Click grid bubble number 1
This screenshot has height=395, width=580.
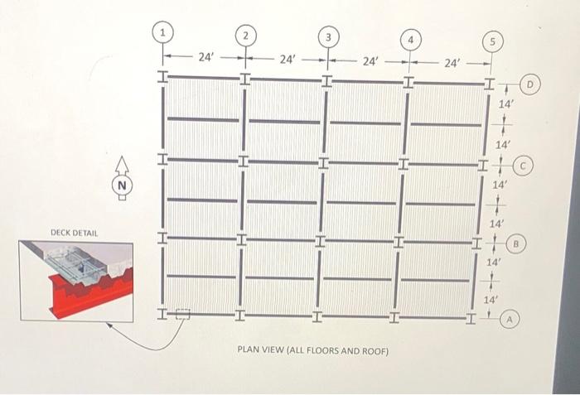(164, 31)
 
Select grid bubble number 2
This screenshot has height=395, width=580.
(245, 36)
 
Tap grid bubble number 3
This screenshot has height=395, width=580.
(328, 36)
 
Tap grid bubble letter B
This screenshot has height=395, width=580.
(516, 244)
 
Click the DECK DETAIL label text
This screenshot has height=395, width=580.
(75, 234)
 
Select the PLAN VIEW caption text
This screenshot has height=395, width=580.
(312, 351)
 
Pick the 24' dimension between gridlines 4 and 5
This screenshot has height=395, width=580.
(452, 63)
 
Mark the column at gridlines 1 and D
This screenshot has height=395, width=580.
(163, 77)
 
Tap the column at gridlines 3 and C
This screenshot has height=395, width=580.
(323, 161)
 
